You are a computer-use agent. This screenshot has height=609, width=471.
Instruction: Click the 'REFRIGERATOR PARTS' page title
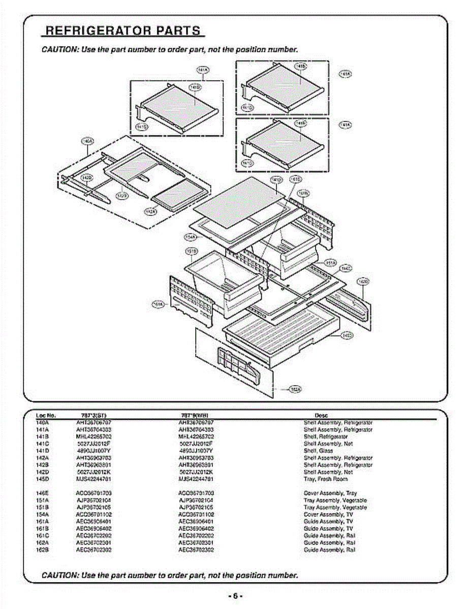point(123,30)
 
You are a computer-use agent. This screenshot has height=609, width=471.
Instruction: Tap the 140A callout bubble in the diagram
point(87,141)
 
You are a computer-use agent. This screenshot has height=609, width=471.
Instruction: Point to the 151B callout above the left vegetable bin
point(192,251)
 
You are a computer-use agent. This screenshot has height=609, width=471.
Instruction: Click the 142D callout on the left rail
point(87,177)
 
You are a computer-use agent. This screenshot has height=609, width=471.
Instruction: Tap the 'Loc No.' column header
point(46,415)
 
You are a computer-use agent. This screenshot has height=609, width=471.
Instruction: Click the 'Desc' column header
point(321,415)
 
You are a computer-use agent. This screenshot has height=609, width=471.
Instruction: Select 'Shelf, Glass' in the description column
point(318,451)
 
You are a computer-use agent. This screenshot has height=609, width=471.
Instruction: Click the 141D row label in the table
point(42,451)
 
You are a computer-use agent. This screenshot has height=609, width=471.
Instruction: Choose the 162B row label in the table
point(42,550)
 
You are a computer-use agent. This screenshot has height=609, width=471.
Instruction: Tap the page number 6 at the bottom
point(235,596)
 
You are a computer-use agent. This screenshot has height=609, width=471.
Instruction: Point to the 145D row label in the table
point(42,479)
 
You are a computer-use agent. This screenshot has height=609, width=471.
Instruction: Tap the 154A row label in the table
point(42,514)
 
